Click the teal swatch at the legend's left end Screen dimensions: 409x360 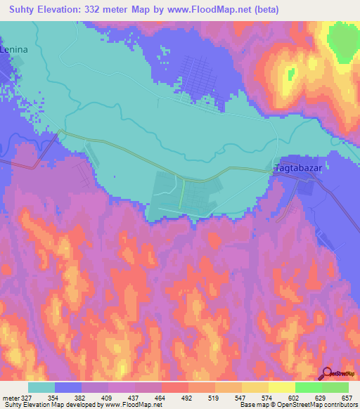41,387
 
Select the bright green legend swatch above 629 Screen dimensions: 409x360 309,387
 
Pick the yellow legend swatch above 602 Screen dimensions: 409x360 282,387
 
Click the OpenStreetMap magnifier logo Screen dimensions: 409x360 327,373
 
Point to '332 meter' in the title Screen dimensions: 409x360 115,10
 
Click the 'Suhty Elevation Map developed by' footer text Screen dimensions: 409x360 51,405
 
